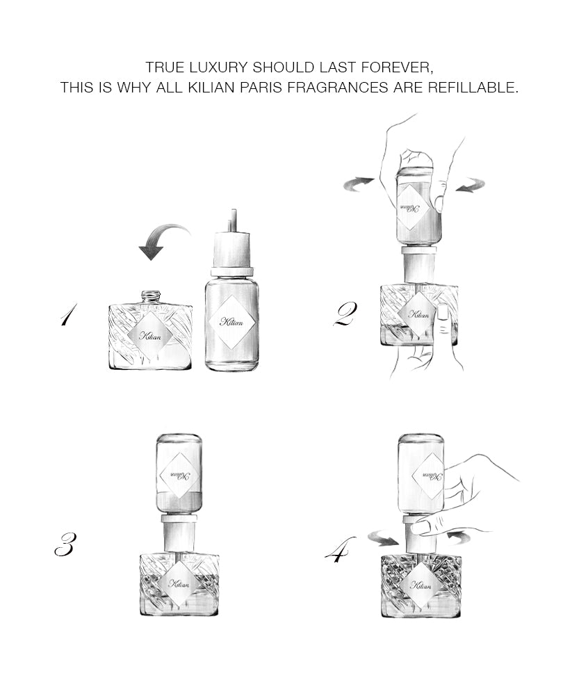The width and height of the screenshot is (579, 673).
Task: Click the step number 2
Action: pos(345,314)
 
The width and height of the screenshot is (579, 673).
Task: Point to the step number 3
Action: pos(64,544)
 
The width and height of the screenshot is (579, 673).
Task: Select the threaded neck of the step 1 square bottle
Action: pos(151,297)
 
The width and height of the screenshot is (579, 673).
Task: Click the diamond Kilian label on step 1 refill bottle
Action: pos(233,321)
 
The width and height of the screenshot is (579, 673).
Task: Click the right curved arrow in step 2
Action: pos(470,185)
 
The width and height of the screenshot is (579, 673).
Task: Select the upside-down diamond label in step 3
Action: pos(179,475)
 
